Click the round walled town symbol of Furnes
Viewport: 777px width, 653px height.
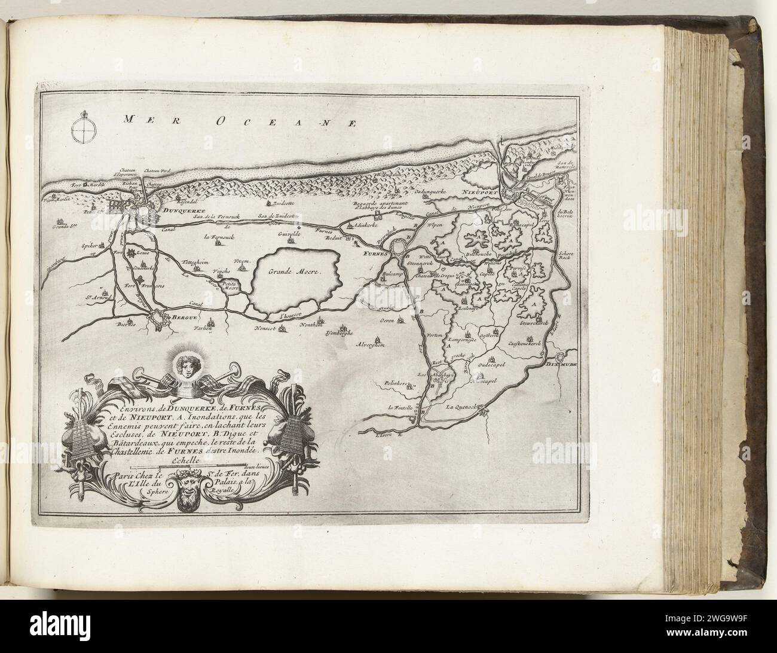point(399,247)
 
